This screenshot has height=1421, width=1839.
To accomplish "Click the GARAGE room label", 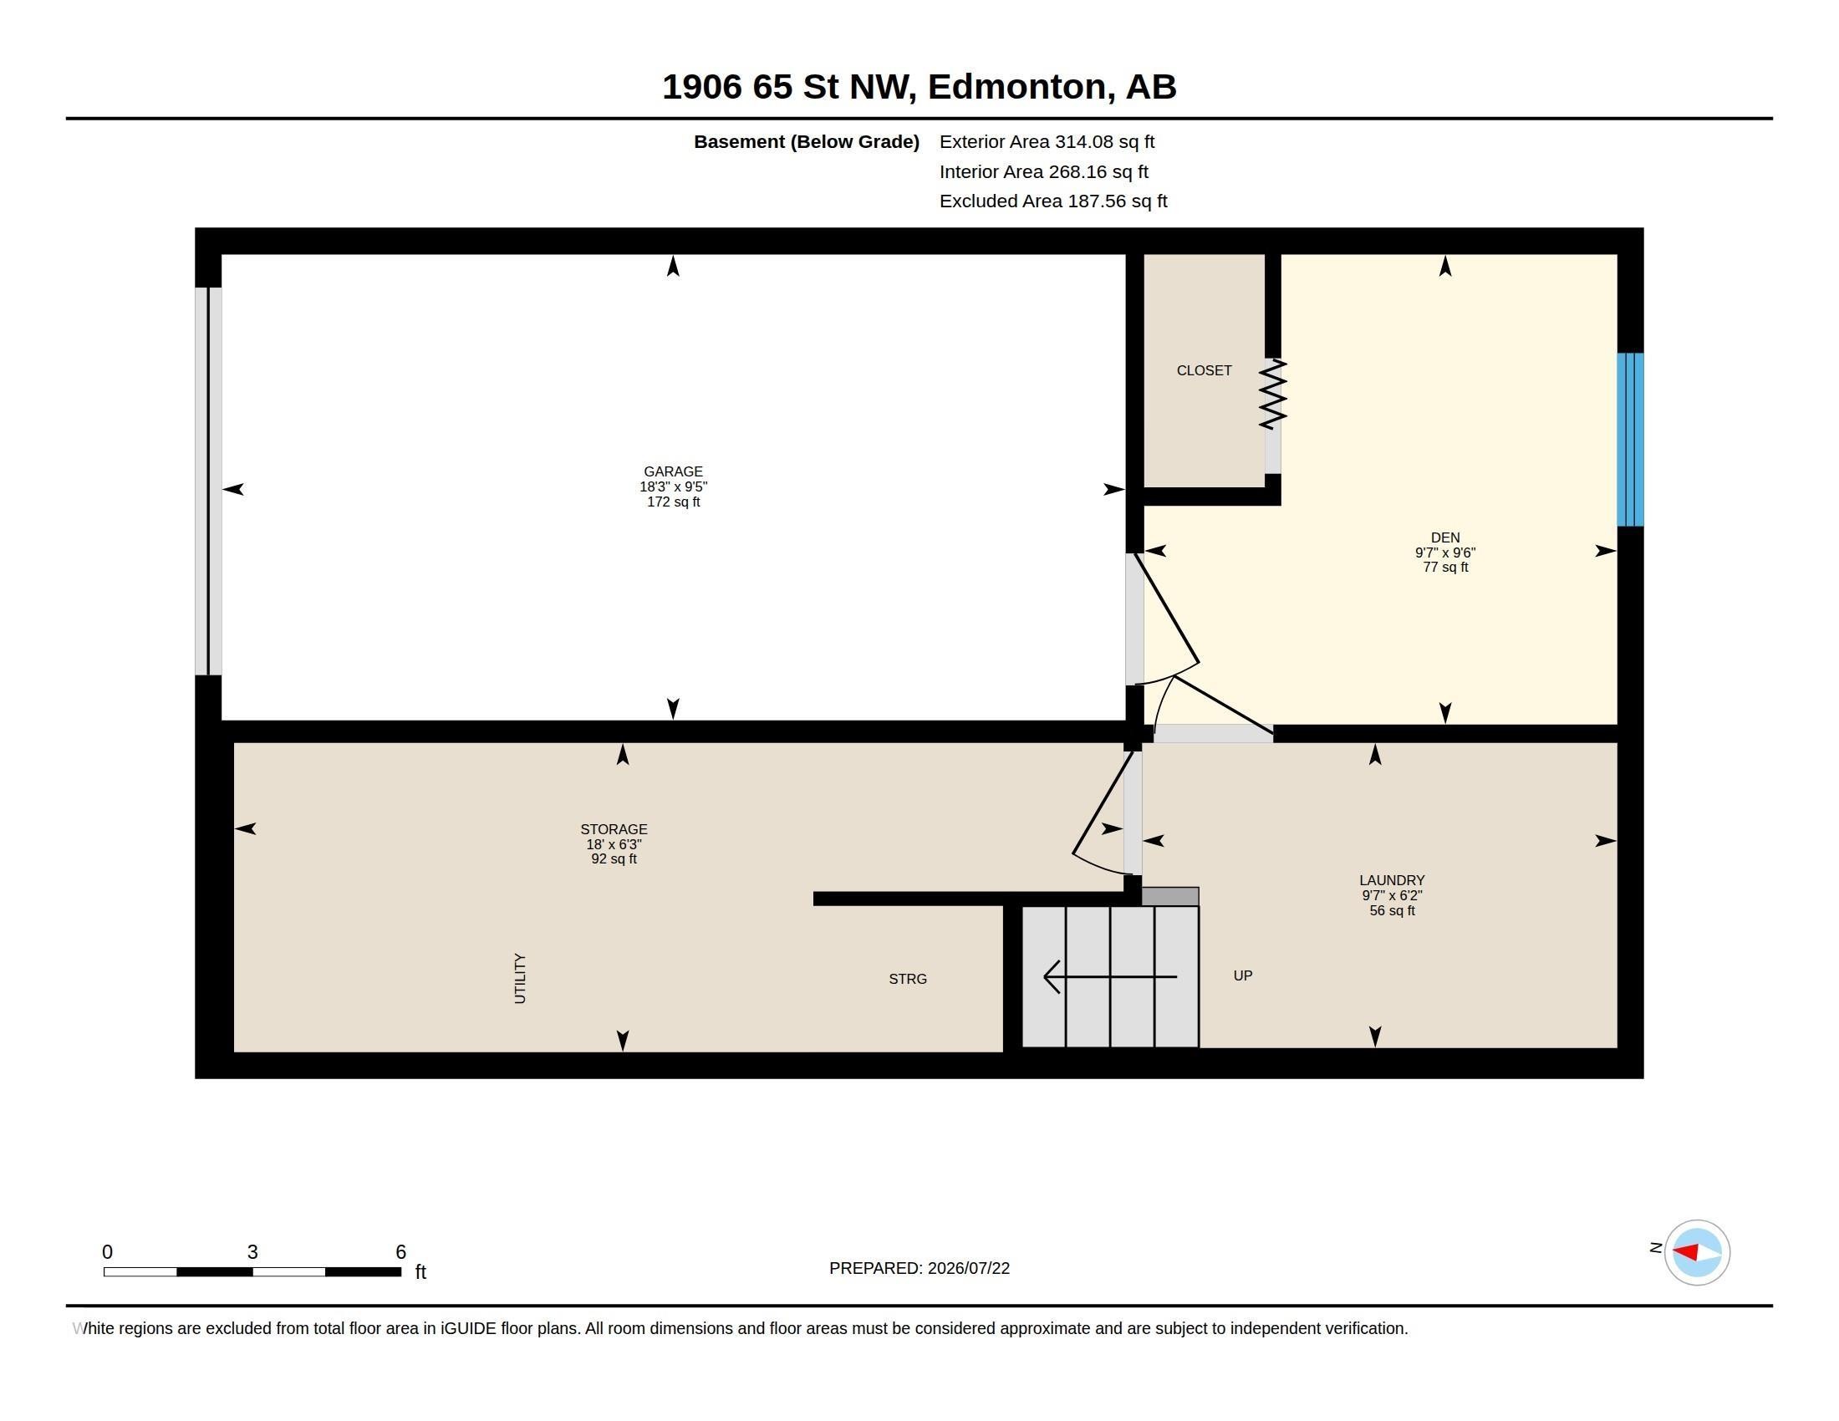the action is (x=673, y=471).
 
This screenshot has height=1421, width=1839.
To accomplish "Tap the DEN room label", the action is (x=1445, y=537).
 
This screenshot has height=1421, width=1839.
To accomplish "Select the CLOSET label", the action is (x=1204, y=370).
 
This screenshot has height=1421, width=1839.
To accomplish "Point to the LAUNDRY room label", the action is (x=1392, y=879).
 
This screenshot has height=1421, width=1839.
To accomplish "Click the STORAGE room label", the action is (x=614, y=829).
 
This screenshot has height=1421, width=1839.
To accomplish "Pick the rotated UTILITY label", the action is (x=520, y=978).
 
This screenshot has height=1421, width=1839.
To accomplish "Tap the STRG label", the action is (x=908, y=979).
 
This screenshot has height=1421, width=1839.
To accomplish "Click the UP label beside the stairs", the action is (x=1243, y=975).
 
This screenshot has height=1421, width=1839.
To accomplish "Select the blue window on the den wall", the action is (x=1630, y=440).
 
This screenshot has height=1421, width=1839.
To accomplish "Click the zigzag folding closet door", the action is (x=1273, y=394).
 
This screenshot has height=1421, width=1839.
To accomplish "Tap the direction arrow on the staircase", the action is (x=1110, y=976).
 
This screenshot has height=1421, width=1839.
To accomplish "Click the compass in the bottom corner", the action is (x=1697, y=1252).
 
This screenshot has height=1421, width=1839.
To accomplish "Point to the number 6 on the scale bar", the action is (x=400, y=1252).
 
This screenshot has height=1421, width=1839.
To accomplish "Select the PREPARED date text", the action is (x=919, y=1268).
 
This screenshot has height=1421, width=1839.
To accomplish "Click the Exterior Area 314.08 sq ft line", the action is (x=1047, y=142).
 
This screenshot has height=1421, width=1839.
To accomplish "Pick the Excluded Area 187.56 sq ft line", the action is (x=1053, y=201).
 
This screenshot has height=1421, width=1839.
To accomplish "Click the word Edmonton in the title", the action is (x=1017, y=87).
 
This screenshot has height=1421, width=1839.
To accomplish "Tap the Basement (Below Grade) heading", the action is (x=806, y=142).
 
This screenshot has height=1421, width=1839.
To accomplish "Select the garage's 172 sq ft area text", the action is (x=673, y=502).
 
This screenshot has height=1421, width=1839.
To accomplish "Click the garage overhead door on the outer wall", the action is (x=208, y=481).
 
